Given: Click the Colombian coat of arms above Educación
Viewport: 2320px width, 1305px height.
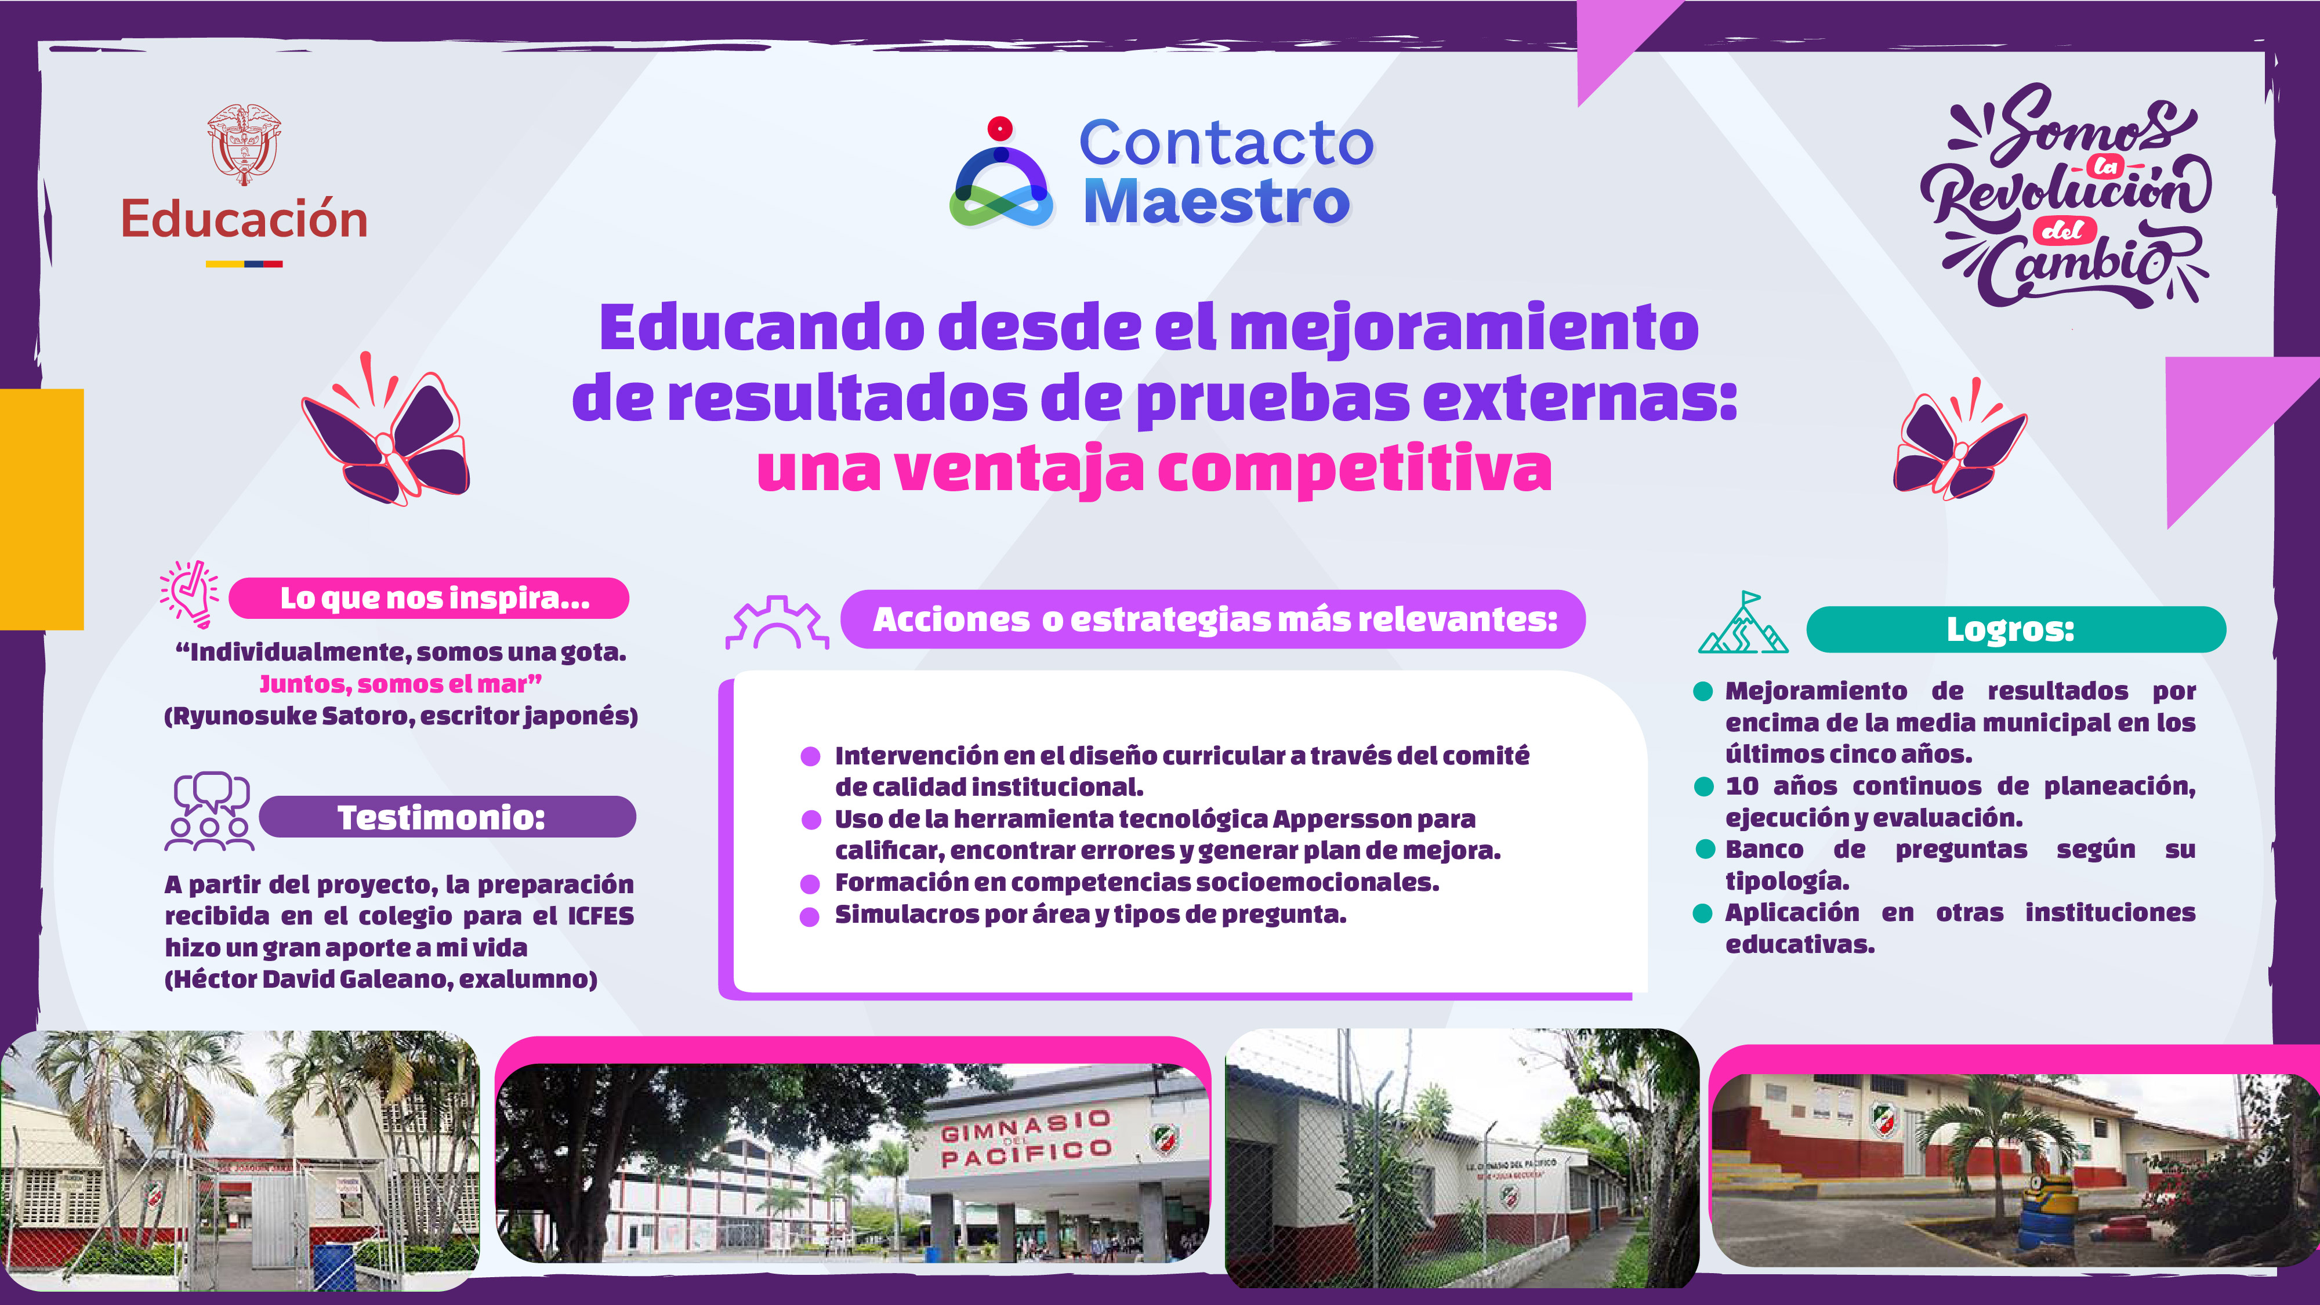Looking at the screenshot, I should coord(244,144).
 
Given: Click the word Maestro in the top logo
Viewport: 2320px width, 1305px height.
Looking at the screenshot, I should coord(1216,202).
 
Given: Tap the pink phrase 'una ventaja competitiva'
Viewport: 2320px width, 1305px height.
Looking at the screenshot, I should coord(1154,469).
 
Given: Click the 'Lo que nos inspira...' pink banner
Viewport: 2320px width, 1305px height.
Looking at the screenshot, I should coord(429,598).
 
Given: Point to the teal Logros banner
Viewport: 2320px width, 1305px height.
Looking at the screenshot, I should coord(2015,629).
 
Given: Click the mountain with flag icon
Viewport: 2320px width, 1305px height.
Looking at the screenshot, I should coord(1743,623).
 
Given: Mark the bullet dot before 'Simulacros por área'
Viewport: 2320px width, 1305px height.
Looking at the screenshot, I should coord(810,916).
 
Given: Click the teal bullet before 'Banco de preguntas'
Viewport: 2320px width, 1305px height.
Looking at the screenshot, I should coord(1705,849).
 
